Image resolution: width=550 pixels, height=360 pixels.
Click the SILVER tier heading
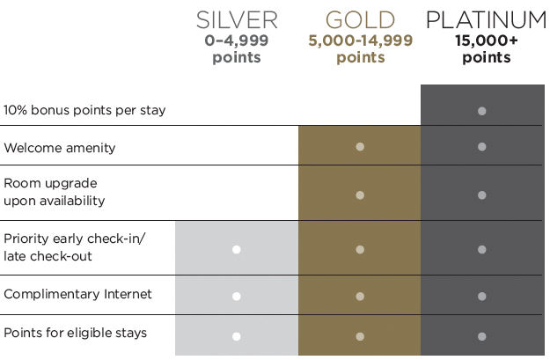237,20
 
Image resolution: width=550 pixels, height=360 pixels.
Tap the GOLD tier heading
360,20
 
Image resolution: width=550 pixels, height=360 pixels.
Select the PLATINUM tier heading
486,20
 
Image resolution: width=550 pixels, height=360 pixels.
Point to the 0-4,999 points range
237,48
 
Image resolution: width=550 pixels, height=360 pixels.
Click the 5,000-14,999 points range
361,48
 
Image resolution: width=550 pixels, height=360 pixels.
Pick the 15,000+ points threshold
487,48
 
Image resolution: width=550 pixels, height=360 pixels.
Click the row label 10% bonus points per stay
84,110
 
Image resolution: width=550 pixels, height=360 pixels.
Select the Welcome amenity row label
60,148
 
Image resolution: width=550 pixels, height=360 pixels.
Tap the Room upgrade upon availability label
55,192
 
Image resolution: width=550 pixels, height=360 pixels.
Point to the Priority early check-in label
75,247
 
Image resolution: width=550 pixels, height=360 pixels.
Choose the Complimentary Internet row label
77,294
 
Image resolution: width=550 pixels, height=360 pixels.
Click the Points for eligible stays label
76,333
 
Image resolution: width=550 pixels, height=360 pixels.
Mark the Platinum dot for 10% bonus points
482,111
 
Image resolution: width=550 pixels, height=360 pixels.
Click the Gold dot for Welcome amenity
360,147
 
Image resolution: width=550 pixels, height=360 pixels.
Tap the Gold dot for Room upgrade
360,195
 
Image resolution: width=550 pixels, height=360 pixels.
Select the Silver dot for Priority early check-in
237,249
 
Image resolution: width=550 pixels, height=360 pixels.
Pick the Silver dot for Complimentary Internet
237,297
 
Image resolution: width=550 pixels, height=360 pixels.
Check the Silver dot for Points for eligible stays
237,336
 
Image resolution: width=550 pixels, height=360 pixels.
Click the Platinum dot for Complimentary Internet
482,297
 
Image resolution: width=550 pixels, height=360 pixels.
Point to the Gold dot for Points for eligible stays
360,336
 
